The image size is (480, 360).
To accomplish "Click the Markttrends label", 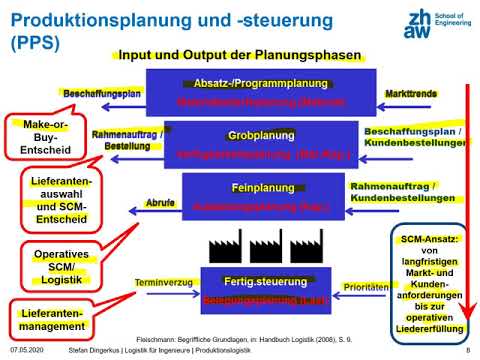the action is tap(411, 92).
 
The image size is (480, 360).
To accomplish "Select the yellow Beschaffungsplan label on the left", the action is tap(99, 92).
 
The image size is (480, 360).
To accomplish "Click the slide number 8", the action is tap(468, 351).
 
